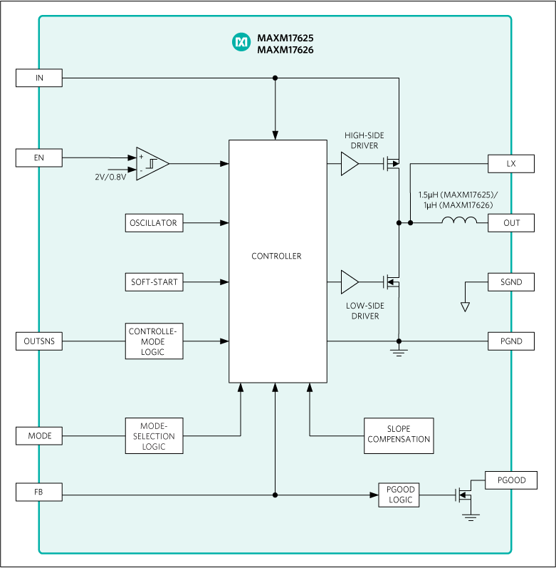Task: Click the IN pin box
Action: [x=39, y=78]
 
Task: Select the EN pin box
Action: [x=39, y=157]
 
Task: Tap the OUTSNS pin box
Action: [x=39, y=341]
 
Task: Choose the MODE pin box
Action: [x=39, y=435]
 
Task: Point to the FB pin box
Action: [x=39, y=491]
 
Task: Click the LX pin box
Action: [x=510, y=163]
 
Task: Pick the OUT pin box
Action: [x=510, y=223]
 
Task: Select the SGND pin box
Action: [x=510, y=282]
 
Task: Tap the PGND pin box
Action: [x=510, y=341]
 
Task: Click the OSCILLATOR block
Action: [x=153, y=223]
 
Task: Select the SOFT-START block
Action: [x=153, y=282]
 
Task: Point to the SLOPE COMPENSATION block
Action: [x=399, y=435]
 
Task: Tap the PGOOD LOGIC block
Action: [x=399, y=495]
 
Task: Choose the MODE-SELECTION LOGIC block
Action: [x=154, y=435]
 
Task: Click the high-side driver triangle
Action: [x=349, y=164]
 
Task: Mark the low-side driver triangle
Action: [x=349, y=282]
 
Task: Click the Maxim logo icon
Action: [x=242, y=43]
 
